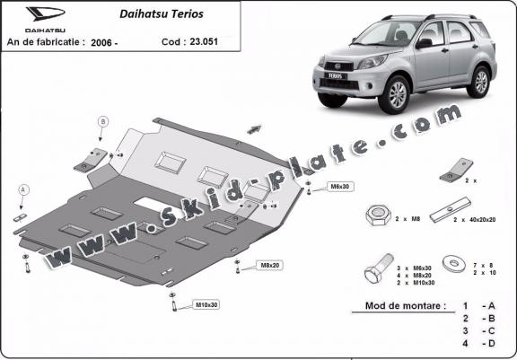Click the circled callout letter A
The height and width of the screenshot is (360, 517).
[24, 190]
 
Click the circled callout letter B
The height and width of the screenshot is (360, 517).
[103, 122]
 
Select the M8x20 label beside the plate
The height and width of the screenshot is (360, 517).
[270, 266]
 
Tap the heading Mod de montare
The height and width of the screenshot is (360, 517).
[404, 306]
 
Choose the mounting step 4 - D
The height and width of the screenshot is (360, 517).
[477, 344]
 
